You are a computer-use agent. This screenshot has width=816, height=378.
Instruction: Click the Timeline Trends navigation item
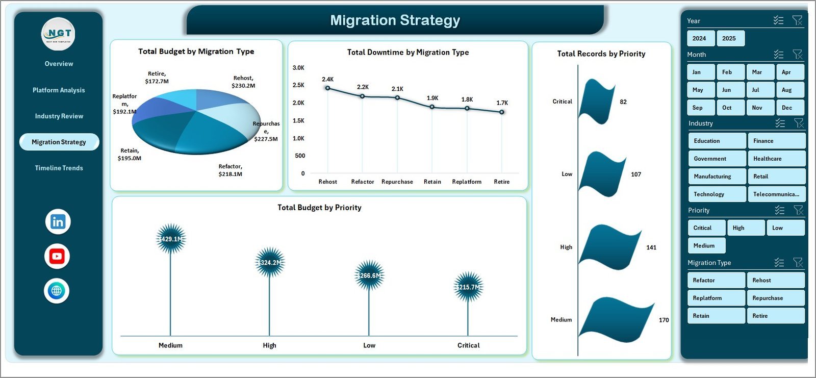59,168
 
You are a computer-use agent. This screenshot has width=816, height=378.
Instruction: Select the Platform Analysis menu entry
59,90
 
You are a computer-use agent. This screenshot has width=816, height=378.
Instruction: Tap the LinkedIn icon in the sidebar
58,222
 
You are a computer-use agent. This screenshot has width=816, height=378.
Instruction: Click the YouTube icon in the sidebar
57,256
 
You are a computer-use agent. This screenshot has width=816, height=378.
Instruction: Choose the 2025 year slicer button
729,38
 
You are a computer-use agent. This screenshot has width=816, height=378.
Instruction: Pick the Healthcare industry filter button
776,159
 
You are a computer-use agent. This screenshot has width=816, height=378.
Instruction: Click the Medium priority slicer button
706,245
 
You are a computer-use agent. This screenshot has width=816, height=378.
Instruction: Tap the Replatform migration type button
716,298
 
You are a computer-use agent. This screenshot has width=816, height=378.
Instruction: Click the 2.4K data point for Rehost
328,88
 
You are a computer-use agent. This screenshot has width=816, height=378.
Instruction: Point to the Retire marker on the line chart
502,112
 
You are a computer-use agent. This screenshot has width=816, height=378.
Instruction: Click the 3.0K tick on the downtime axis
298,68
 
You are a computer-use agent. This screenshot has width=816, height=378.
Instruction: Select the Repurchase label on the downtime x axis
397,182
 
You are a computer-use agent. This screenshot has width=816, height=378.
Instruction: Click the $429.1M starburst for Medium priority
171,239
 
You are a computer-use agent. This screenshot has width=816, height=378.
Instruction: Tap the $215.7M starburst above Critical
468,287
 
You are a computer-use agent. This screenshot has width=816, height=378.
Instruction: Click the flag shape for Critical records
597,102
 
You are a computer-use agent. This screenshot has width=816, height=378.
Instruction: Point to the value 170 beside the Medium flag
664,320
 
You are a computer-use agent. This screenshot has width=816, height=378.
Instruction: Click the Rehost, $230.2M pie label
243,82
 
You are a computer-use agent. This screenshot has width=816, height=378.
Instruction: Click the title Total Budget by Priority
319,208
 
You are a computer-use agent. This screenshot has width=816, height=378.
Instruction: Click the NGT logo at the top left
58,34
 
